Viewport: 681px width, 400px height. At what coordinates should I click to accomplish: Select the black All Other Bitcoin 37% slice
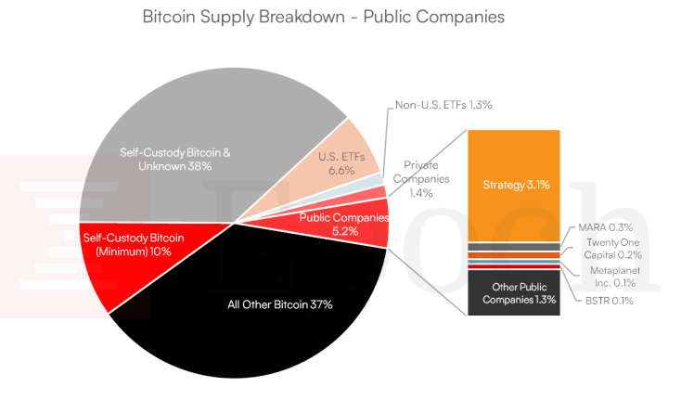click(269, 316)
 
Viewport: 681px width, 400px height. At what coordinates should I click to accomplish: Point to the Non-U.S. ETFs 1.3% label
click(442, 105)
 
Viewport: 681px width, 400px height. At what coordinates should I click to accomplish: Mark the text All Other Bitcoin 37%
click(279, 303)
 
